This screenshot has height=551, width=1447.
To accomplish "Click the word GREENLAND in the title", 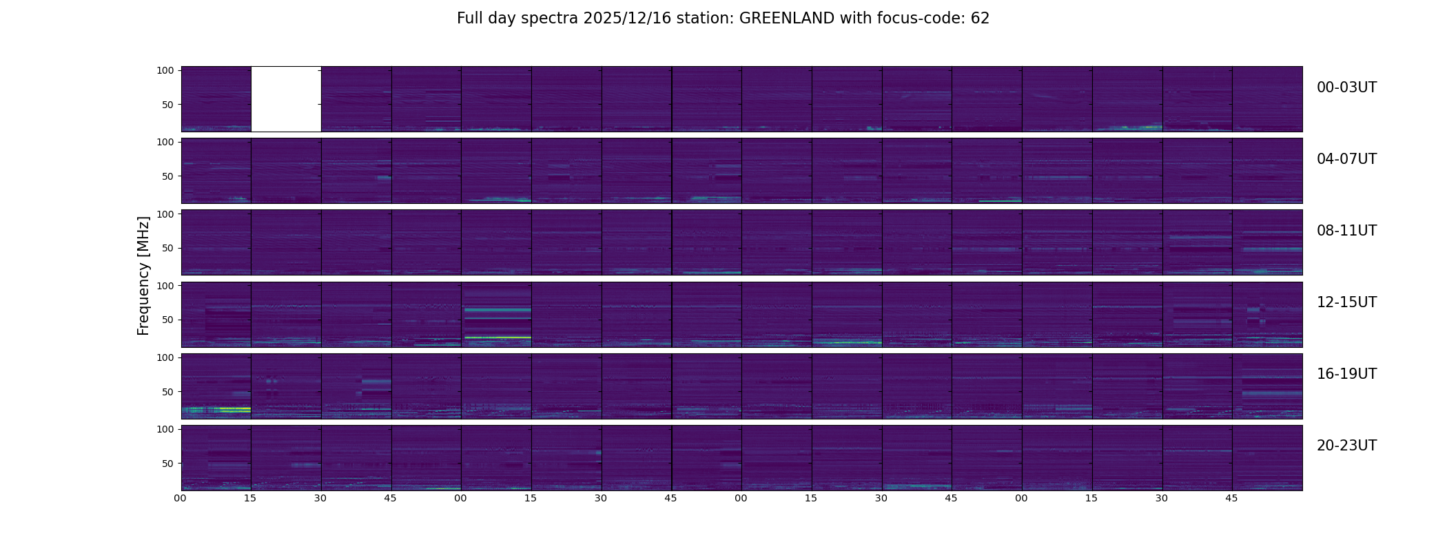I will point(786,19).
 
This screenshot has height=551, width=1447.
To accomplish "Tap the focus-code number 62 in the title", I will point(980,19).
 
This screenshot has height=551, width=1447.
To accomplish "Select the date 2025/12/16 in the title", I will point(625,19).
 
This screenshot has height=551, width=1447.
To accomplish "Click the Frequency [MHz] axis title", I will point(143,275).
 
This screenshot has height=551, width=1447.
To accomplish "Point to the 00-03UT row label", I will point(1346,87).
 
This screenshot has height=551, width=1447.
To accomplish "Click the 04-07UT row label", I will point(1346,159).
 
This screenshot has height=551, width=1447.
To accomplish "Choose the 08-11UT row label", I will point(1346,231).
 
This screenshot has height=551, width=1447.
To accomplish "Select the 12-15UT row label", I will point(1346,302).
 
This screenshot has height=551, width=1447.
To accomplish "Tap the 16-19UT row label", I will point(1346,374).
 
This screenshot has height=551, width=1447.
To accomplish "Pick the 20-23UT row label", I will point(1346,446).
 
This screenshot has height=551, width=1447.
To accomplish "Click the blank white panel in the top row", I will point(286,99).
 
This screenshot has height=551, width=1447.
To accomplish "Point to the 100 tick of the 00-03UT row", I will point(165,70).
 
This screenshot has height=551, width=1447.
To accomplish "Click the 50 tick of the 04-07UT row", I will point(168,176).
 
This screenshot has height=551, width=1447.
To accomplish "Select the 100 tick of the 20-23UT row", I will point(165,429).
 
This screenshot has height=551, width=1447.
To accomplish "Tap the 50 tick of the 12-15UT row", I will point(168,320).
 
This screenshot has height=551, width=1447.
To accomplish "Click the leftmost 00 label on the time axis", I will point(181,499).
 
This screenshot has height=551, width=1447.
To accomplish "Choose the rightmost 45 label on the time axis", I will point(1231,499).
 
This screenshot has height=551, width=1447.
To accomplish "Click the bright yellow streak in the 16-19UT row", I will point(234,409).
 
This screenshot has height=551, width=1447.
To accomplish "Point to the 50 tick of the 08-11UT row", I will point(168,248).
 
